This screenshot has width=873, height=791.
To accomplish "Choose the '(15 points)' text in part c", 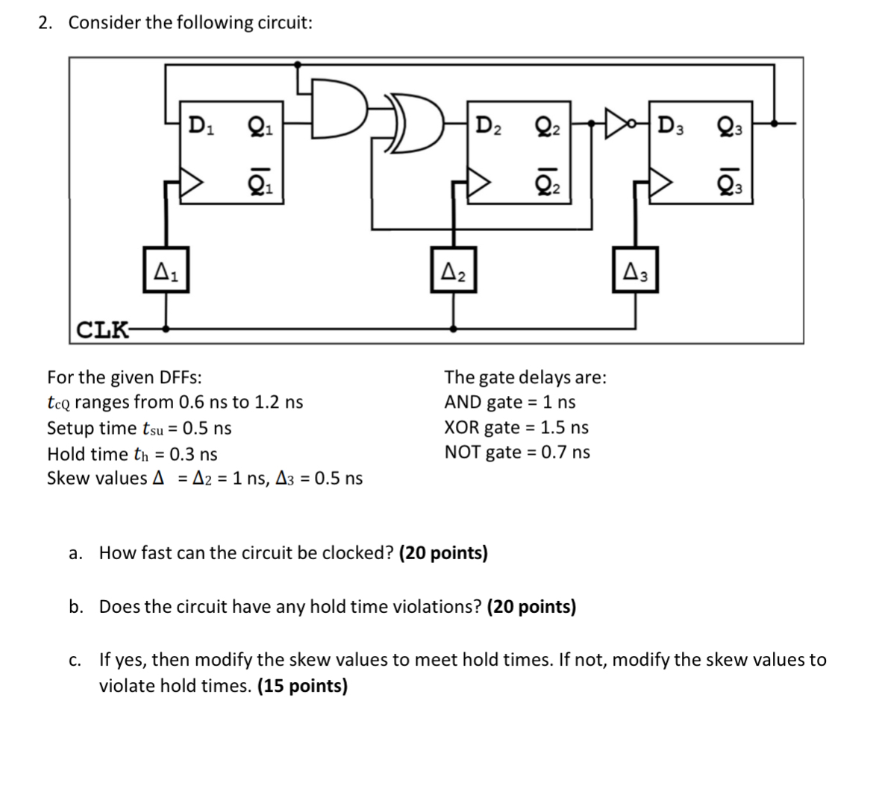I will point(302,686).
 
